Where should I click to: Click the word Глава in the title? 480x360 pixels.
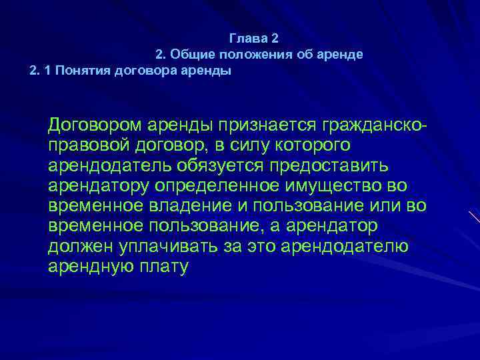pyautogui.click(x=246, y=38)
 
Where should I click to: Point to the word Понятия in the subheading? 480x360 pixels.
pyautogui.click(x=85, y=71)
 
